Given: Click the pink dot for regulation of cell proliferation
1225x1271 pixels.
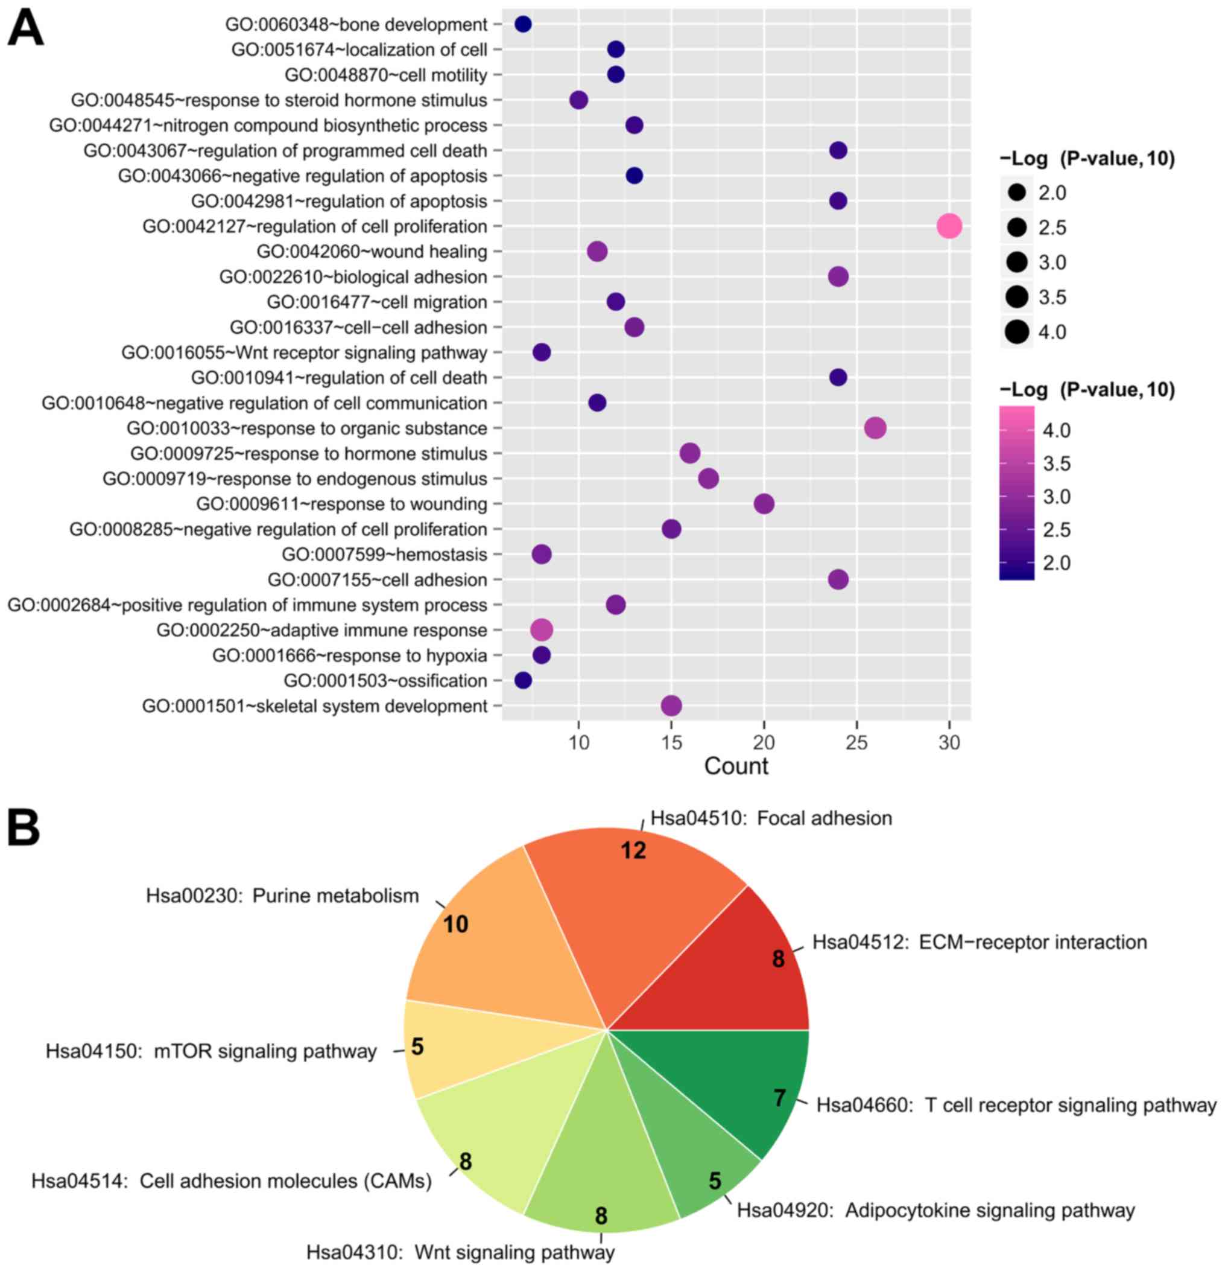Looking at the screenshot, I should click(x=949, y=226).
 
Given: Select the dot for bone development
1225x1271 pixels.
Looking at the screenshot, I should click(x=523, y=25).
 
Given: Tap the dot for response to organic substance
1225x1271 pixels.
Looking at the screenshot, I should click(x=875, y=428).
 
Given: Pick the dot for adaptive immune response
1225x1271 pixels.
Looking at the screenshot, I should click(x=541, y=629).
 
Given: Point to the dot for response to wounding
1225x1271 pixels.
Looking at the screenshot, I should click(x=764, y=504).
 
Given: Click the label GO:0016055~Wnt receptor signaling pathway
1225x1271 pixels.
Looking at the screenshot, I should click(x=304, y=353).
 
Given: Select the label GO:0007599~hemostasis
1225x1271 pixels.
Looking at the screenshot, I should click(x=384, y=555).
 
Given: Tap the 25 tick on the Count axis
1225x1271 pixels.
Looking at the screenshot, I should click(x=857, y=742).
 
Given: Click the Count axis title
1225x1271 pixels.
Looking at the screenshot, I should click(x=736, y=766).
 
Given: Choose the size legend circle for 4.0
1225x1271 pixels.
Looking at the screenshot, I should click(x=1017, y=332).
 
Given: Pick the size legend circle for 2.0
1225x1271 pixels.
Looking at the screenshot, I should click(x=1017, y=193).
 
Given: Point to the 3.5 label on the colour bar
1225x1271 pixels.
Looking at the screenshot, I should click(x=1057, y=463).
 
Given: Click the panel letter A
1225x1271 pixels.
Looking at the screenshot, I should click(x=25, y=29).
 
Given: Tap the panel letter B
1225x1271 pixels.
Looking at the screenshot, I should click(x=24, y=827).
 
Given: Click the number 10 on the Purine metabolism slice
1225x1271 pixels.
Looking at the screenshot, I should click(x=455, y=924).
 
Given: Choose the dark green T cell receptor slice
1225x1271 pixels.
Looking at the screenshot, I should click(x=752, y=1077).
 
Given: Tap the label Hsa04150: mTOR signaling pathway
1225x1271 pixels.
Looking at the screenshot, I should click(x=211, y=1051).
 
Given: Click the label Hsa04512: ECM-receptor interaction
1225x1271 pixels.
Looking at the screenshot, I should click(x=980, y=941).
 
